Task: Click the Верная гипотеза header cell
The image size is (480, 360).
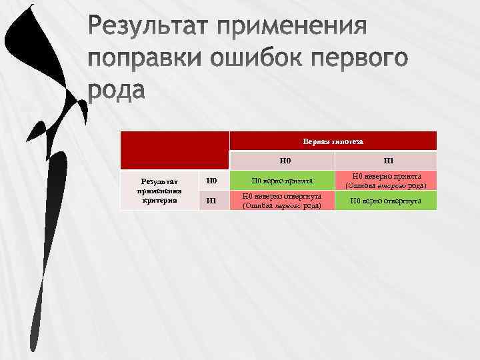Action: click(x=333, y=141)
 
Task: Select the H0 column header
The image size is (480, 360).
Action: click(x=285, y=161)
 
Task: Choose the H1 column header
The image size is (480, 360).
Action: click(x=389, y=161)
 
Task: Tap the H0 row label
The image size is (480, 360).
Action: click(x=211, y=180)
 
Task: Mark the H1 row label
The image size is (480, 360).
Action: click(x=211, y=200)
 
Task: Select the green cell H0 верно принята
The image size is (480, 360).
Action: click(x=285, y=180)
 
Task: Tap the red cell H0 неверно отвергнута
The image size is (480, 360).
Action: click(x=283, y=201)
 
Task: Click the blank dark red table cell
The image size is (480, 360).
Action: click(x=175, y=150)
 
